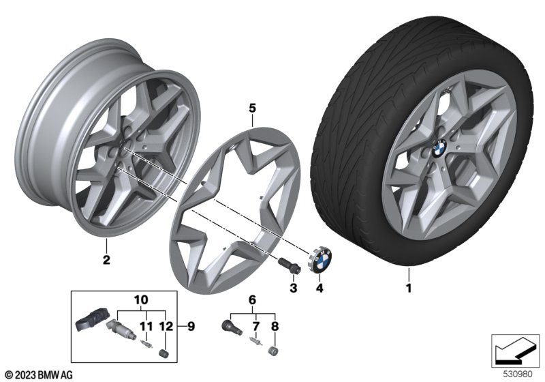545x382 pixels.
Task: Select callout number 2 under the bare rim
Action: [106, 259]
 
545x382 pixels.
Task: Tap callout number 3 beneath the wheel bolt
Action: [294, 289]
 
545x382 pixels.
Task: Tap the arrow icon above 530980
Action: [513, 349]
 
